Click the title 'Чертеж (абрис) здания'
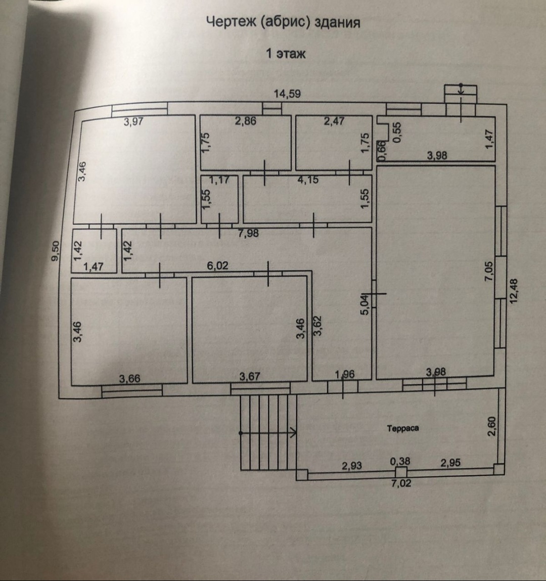pos(283,23)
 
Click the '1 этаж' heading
pos(286,53)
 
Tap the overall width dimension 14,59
pos(287,94)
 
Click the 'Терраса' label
pos(403,428)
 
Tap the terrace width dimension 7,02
pos(401,483)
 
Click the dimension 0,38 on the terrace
pos(400,461)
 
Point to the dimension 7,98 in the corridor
pos(248,233)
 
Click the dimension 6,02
pos(217,266)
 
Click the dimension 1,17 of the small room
pos(219,179)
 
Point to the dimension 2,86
pos(246,121)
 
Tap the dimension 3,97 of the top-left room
pos(134,121)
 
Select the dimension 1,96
pos(345,375)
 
